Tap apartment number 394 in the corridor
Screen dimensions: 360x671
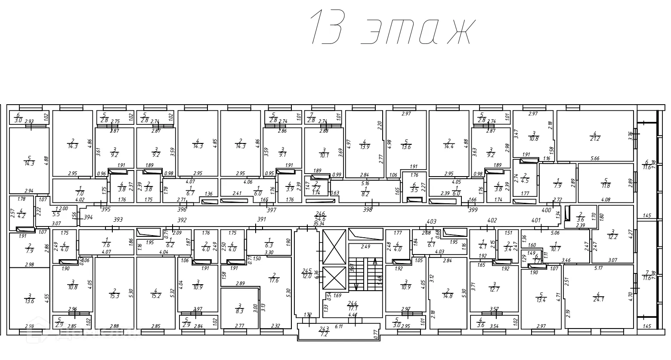(88, 217)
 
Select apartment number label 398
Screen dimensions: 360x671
(367, 210)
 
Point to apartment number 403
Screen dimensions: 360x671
(431, 222)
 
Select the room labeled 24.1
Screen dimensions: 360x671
(598, 297)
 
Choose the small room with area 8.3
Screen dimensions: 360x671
(239, 308)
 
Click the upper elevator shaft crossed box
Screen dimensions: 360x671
(334, 247)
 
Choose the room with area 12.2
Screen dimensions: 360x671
(612, 235)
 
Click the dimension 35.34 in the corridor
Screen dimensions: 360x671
(319, 224)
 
